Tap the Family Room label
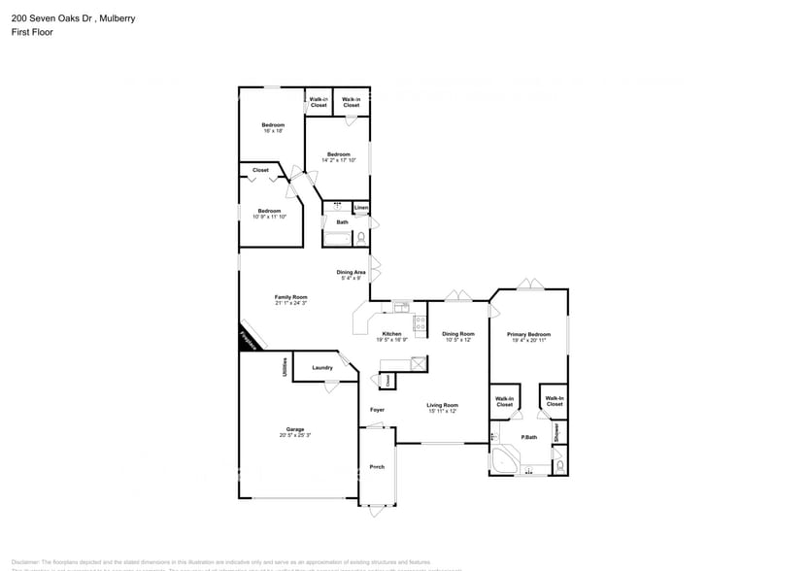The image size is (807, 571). (x=290, y=297)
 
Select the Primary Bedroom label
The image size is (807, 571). (x=528, y=334)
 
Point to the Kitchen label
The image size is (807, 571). (x=393, y=334)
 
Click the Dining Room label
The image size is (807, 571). (x=457, y=334)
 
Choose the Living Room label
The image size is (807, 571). (x=442, y=405)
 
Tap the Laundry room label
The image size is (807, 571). (x=322, y=367)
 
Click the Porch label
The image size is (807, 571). (x=377, y=467)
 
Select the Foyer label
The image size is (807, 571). (x=377, y=410)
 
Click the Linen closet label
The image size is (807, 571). (x=360, y=208)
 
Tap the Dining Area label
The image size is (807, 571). (x=351, y=272)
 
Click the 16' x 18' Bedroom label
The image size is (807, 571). (x=273, y=125)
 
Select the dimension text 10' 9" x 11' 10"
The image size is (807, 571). (x=268, y=217)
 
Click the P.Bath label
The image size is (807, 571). (x=529, y=437)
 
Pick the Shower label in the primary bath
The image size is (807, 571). (x=556, y=431)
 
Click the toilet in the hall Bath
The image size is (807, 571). (x=360, y=236)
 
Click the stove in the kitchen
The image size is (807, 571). (x=420, y=324)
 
